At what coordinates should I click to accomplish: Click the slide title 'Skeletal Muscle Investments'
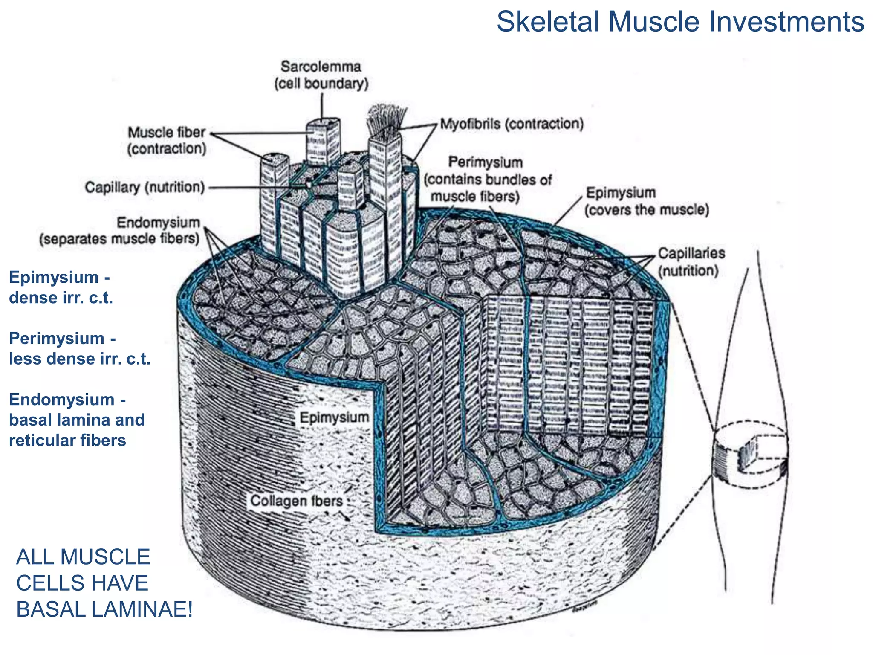pos(680,22)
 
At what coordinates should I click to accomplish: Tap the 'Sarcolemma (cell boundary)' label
pos(321,75)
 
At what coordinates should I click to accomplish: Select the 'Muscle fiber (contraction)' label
pos(167,140)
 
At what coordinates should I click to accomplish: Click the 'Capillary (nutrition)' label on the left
pos(145,187)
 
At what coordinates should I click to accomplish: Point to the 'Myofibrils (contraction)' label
pos(512,124)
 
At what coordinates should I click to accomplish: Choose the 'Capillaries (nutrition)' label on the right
pos(691,262)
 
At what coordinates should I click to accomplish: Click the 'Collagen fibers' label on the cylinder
pos(296,501)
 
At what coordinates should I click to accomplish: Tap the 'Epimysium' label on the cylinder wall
pos(334,417)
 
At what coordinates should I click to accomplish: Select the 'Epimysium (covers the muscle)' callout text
pos(646,201)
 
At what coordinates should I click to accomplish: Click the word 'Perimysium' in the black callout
pos(485,162)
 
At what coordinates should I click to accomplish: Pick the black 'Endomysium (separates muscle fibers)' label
pos(119,231)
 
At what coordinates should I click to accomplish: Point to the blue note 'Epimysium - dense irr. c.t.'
pos(61,287)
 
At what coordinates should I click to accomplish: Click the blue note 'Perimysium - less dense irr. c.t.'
pos(79,348)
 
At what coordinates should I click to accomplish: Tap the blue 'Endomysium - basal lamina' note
pos(77,420)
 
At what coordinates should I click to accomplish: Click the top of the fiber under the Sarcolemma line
pos(323,124)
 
